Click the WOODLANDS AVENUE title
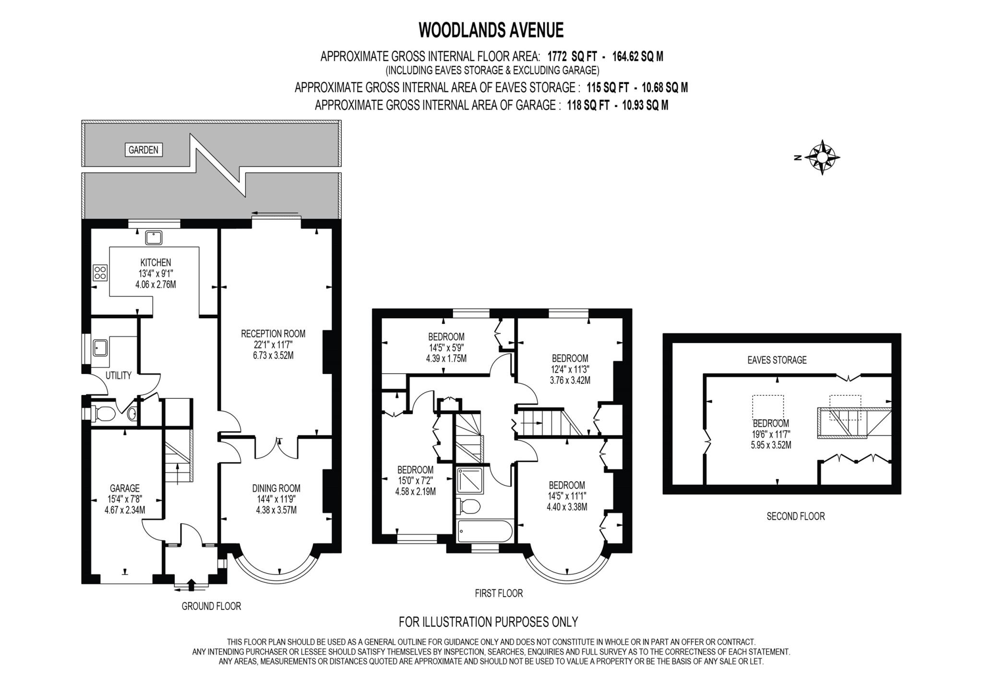491,30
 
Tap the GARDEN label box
143,150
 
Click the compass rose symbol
822,157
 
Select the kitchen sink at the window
154,238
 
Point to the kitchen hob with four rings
100,273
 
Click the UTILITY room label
118,375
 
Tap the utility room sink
100,347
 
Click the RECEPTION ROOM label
273,334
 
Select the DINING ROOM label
276,488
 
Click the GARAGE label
125,488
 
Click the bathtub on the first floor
485,531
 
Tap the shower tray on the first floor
470,480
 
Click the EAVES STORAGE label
777,360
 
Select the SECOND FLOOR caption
795,516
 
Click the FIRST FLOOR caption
499,593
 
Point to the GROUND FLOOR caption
211,606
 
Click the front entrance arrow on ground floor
191,585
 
